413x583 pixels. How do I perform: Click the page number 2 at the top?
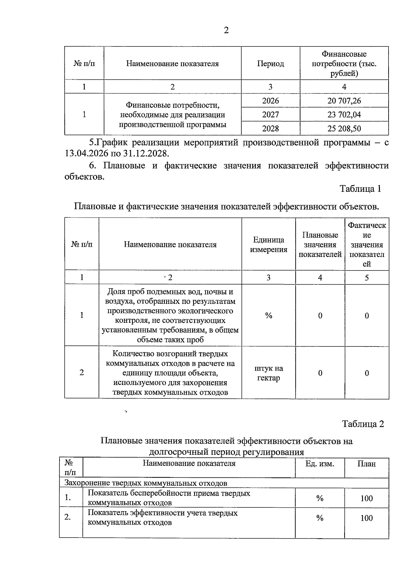(226, 31)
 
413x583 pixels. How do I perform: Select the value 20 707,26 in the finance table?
(344, 101)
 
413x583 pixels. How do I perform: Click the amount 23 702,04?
(344, 114)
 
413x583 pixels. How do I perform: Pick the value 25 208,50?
(344, 129)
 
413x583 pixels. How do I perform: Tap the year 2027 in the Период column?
(270, 114)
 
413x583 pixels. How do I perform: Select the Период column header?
(270, 64)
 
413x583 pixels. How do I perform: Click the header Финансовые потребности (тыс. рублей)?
(344, 64)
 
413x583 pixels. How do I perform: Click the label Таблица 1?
(360, 188)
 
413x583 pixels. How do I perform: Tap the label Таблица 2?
(363, 424)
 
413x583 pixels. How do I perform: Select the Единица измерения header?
(268, 245)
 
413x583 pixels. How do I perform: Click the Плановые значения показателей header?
(320, 245)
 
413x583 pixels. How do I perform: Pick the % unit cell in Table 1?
(268, 316)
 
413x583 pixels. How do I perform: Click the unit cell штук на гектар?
(268, 373)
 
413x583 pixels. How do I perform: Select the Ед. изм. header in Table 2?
(319, 464)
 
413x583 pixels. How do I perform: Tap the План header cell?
(366, 464)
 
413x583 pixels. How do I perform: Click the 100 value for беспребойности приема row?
(366, 498)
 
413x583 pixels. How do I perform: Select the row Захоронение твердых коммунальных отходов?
(146, 483)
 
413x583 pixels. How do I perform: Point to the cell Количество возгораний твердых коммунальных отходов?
(170, 373)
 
